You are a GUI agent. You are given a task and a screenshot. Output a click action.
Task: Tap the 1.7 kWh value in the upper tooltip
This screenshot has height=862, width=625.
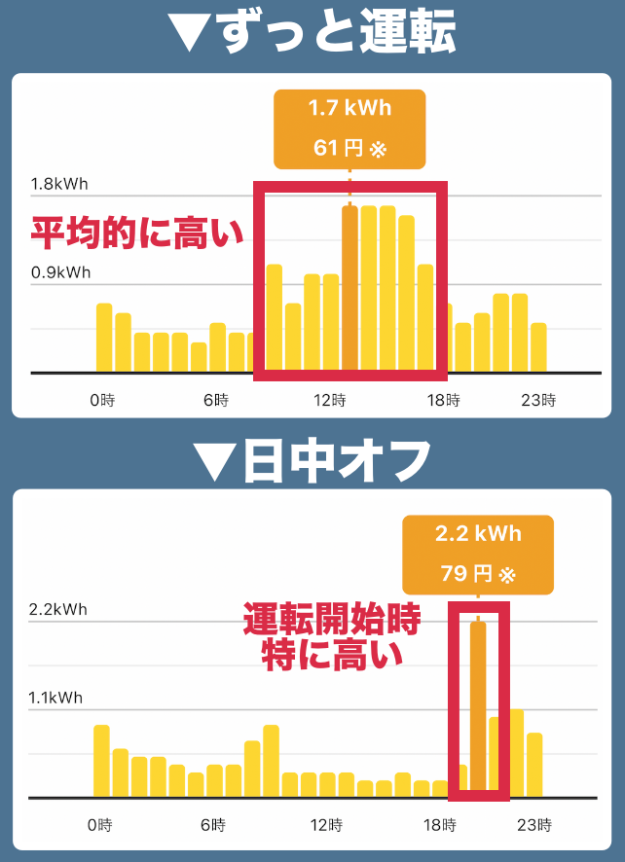[x=349, y=108]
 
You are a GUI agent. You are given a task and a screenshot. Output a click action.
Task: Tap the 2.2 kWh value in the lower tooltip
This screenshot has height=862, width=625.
[x=477, y=534]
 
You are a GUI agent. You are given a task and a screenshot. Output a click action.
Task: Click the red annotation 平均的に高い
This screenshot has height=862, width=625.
[x=136, y=233]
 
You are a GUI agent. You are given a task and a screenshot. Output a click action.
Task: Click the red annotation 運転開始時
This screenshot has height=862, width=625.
[x=331, y=621]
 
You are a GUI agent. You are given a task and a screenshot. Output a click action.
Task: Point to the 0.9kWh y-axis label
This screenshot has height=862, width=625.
[x=60, y=272]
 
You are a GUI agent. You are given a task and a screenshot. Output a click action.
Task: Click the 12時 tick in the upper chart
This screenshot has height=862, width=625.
[x=331, y=400]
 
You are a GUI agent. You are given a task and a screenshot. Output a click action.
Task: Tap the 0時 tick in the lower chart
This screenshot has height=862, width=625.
[x=99, y=825]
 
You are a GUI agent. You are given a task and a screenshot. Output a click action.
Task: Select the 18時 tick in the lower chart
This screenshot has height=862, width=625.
[x=441, y=825]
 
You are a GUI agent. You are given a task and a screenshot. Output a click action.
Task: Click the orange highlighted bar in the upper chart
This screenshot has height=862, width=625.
[x=349, y=288]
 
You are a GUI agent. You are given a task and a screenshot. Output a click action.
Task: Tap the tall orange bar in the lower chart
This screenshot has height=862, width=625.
[x=477, y=709]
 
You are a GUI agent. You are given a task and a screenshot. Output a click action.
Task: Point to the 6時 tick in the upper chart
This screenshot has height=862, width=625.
[x=216, y=400]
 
